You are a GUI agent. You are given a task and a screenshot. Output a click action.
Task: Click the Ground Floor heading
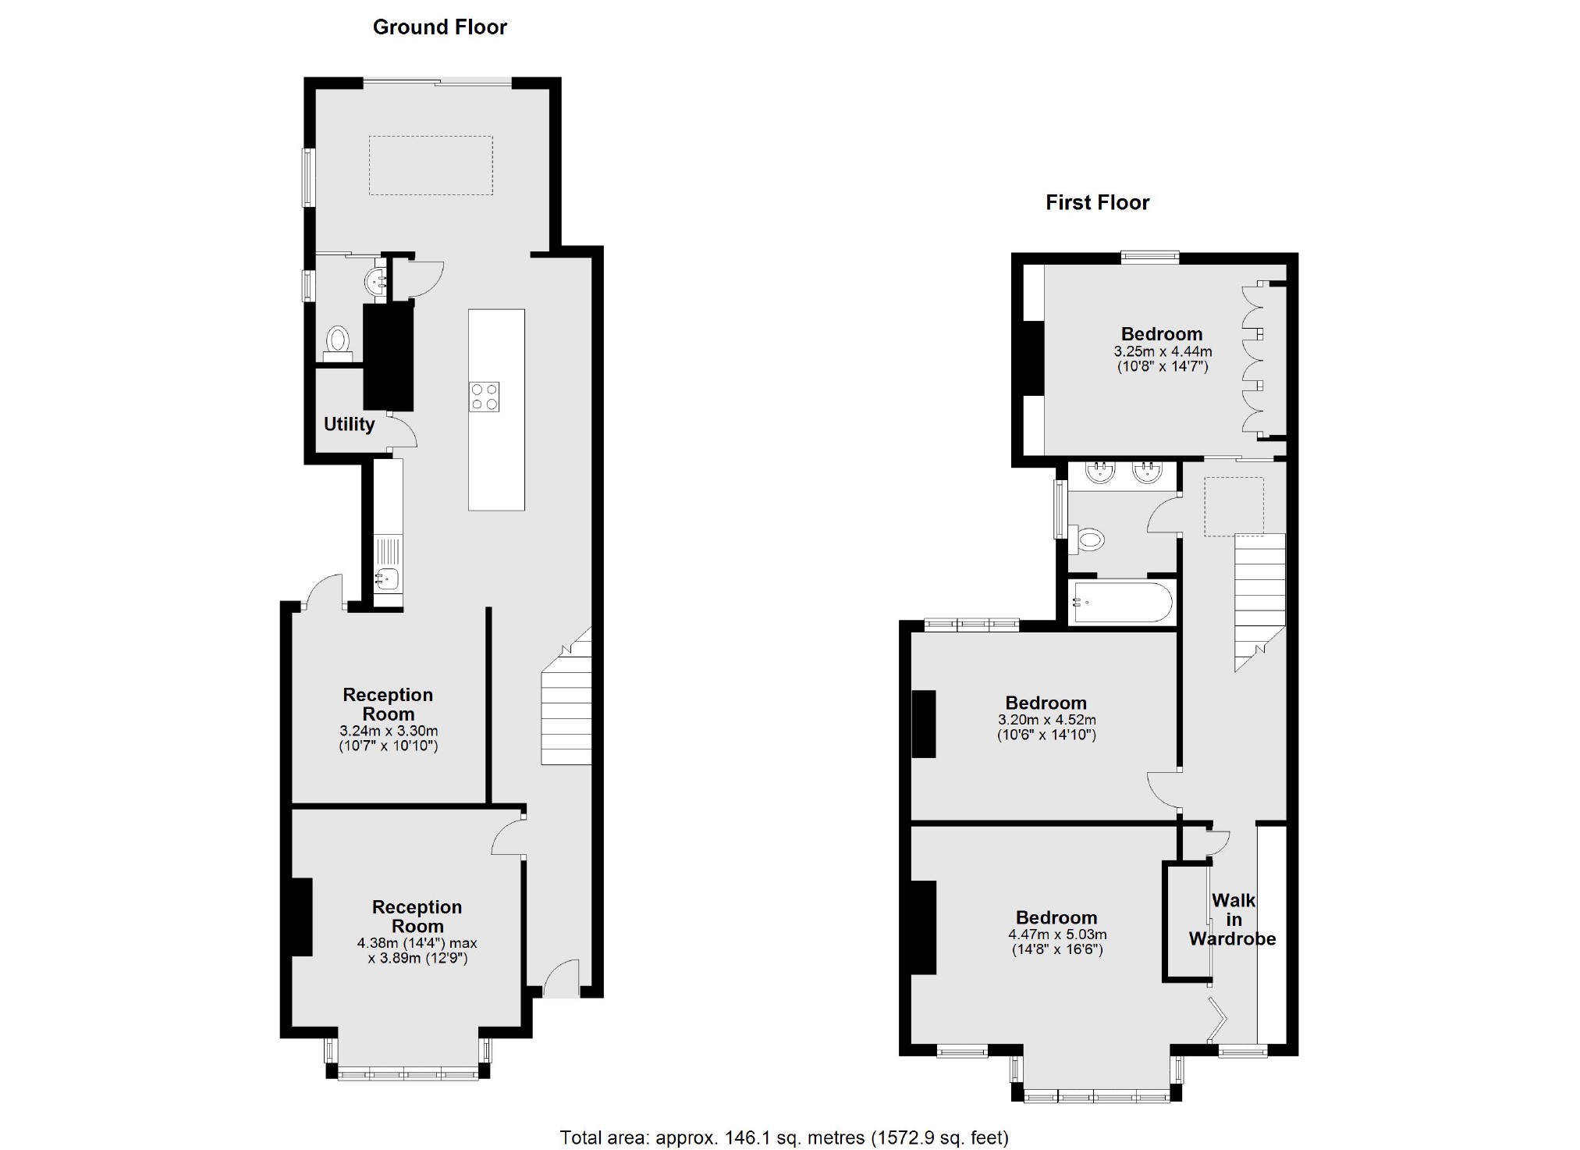pyautogui.click(x=439, y=27)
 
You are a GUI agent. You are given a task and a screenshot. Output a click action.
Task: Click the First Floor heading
pyautogui.click(x=1097, y=203)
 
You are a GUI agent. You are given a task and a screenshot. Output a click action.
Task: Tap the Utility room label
pyautogui.click(x=349, y=424)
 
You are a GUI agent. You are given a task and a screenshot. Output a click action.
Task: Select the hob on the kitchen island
pyautogui.click(x=484, y=397)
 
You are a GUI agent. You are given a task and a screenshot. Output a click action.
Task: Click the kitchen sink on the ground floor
pyautogui.click(x=387, y=579)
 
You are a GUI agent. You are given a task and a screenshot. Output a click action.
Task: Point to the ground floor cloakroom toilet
pyautogui.click(x=338, y=341)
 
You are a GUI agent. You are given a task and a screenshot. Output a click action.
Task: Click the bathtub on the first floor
pyautogui.click(x=1122, y=602)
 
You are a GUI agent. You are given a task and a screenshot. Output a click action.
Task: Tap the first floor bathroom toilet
pyautogui.click(x=1090, y=539)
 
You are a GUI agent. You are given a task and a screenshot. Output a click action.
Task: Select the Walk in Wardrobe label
pyautogui.click(x=1232, y=920)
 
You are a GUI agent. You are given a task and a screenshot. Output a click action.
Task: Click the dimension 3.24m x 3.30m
pyautogui.click(x=389, y=732)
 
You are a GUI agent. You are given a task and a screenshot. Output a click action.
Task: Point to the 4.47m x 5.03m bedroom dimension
pyautogui.click(x=1057, y=935)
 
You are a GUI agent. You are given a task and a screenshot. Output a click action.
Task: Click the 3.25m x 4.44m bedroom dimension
pyautogui.click(x=1163, y=351)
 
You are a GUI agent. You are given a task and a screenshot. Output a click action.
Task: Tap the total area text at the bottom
pyautogui.click(x=783, y=1138)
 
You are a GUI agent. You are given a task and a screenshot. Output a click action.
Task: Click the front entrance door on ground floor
pyautogui.click(x=561, y=980)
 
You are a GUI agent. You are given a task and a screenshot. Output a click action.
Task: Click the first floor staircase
pyautogui.click(x=1259, y=593)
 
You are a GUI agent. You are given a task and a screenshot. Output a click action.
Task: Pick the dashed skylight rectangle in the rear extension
pyautogui.click(x=431, y=166)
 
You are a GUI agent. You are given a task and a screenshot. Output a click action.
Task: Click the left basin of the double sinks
pyautogui.click(x=1101, y=472)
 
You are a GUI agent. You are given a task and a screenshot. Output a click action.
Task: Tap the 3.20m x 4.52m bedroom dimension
pyautogui.click(x=1046, y=720)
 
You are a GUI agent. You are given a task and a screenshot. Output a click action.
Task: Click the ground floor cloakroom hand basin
pyautogui.click(x=378, y=279)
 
